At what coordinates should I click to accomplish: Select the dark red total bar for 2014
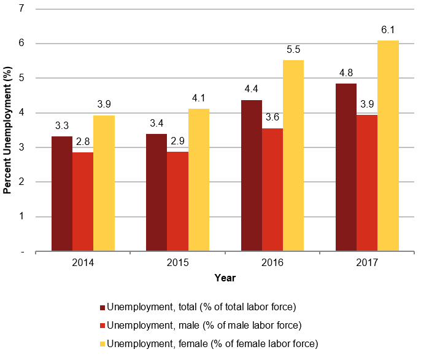pos(62,194)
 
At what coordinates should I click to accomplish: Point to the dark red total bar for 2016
pos(252,175)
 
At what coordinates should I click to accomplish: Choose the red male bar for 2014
pos(83,202)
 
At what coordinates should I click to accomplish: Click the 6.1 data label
pos(388,29)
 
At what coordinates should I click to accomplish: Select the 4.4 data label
pos(252,90)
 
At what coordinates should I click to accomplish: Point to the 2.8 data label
pos(83,142)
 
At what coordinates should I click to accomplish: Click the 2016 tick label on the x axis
pos(272,262)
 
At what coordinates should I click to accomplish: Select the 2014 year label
pos(83,262)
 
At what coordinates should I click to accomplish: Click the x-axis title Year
pos(225,278)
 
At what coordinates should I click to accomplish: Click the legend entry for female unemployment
pos(212,343)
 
